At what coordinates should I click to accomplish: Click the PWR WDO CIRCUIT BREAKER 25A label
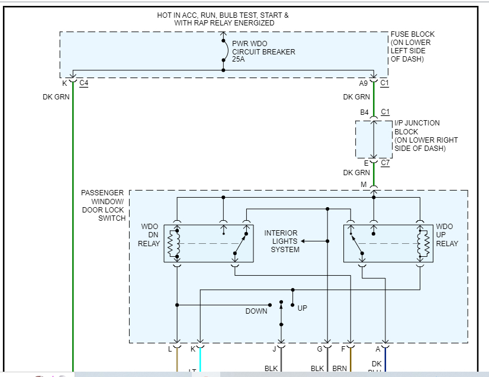click(263, 52)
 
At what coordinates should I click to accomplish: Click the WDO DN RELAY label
click(149, 235)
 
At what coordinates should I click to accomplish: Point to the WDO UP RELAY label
click(447, 235)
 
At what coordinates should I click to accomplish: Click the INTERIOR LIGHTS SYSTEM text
click(281, 241)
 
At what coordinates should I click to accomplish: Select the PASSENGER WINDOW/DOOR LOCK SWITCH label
click(103, 205)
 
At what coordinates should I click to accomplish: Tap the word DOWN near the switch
click(256, 311)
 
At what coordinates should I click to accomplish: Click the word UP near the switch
click(302, 308)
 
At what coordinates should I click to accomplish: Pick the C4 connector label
click(83, 83)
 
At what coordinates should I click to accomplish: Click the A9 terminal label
click(363, 83)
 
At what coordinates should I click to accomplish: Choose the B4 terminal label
click(365, 112)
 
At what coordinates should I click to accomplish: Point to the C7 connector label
click(385, 163)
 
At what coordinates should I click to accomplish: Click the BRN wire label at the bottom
click(339, 368)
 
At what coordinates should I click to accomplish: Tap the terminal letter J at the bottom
click(275, 349)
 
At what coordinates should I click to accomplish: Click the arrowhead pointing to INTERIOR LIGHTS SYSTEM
click(303, 241)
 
